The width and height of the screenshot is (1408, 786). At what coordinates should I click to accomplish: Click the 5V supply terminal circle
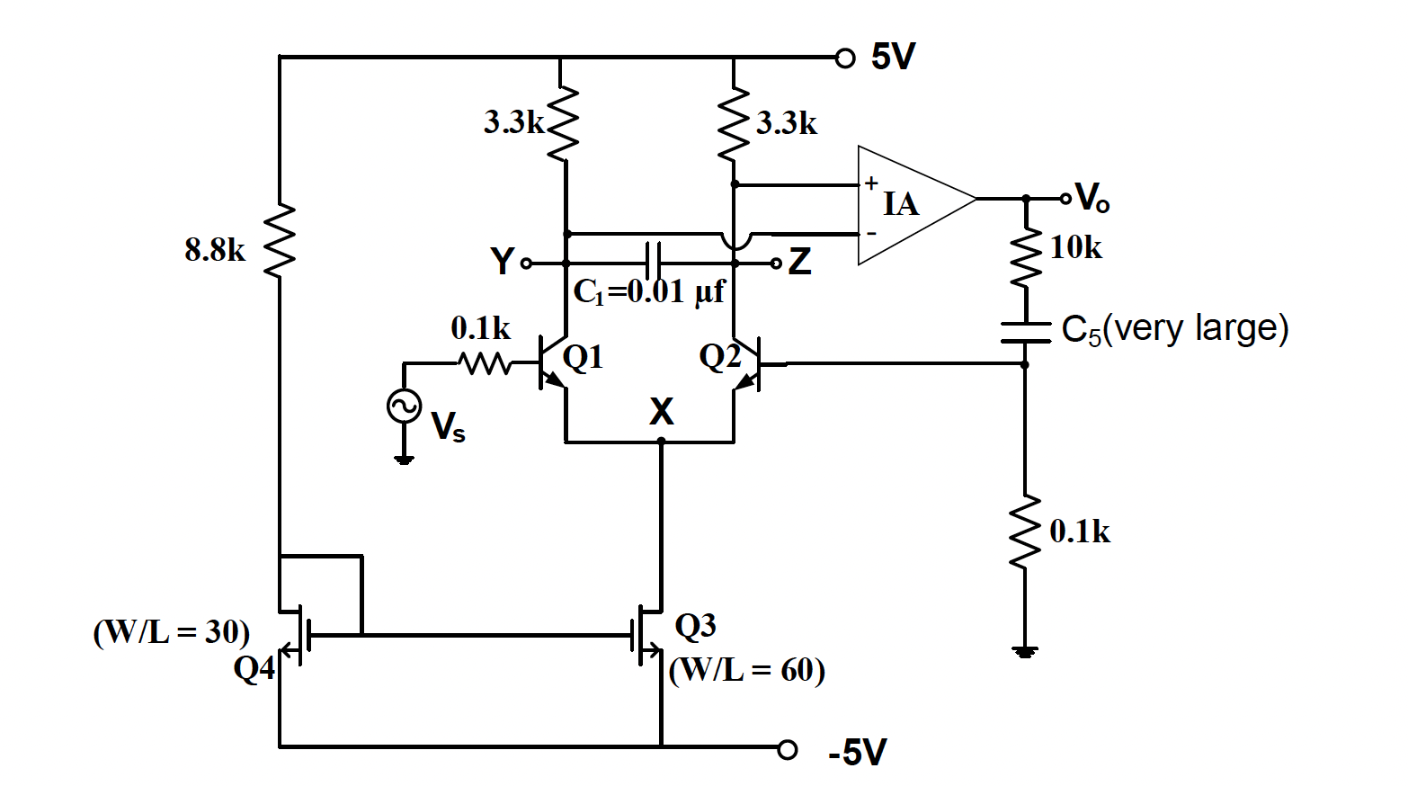point(844,58)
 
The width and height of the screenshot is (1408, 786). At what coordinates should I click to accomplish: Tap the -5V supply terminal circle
point(788,748)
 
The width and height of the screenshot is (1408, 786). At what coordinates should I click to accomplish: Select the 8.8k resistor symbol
point(280,240)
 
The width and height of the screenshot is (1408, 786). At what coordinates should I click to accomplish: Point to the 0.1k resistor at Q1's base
point(485,363)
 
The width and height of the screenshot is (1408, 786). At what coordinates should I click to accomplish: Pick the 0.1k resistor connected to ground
point(1025,532)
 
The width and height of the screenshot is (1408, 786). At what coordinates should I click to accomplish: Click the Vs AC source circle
point(404,406)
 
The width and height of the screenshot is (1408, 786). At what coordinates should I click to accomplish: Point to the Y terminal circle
point(527,263)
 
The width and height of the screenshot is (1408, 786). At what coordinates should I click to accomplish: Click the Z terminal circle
point(776,263)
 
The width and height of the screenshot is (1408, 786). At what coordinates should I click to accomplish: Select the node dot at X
point(661,442)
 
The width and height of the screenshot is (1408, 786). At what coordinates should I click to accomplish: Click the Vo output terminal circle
point(1066,198)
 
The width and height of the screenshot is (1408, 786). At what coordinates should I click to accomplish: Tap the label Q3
point(695,626)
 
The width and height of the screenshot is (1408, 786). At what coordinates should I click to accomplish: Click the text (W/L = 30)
point(172,632)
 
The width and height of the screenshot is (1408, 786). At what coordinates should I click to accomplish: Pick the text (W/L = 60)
point(747,671)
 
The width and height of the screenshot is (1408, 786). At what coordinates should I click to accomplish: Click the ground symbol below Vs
point(404,460)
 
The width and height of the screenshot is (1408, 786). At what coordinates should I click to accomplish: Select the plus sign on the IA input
point(871,183)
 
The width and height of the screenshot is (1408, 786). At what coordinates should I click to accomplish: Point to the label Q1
point(583,358)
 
